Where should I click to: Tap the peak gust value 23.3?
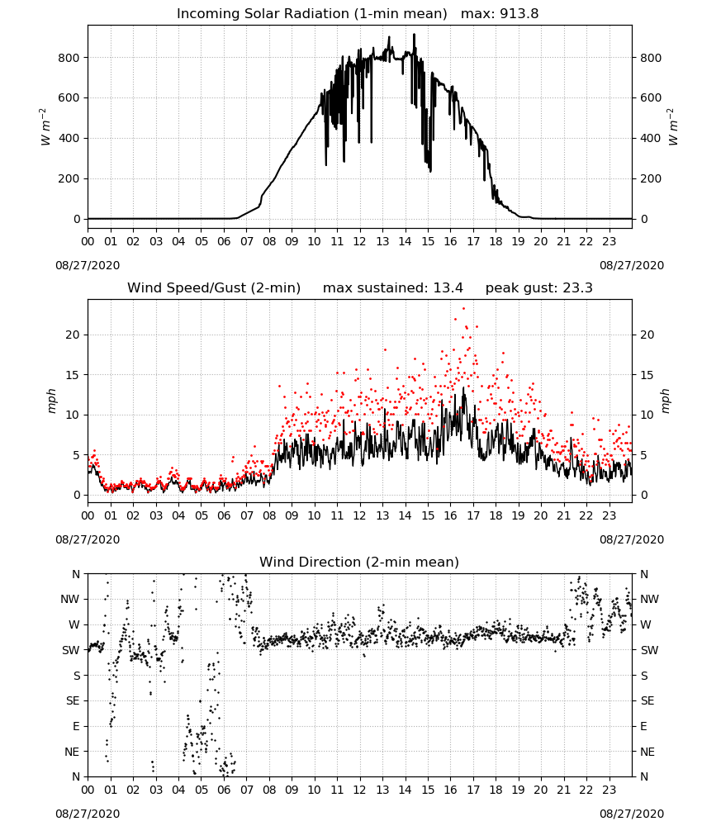[x=578, y=288]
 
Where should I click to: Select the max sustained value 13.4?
[x=448, y=288]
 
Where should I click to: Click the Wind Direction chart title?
[x=359, y=562]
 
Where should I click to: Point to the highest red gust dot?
[x=463, y=309]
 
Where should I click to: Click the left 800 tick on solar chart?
[x=69, y=58]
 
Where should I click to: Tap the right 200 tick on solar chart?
[x=651, y=178]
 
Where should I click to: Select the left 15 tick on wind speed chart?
[x=74, y=375]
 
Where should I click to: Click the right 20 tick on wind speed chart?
[x=647, y=335]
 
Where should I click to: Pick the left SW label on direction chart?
[x=71, y=650]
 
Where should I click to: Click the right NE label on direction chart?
[x=647, y=752]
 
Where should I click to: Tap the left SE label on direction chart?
[x=73, y=700]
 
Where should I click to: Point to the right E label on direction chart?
[x=643, y=726]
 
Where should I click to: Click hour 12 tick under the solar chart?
[x=359, y=242]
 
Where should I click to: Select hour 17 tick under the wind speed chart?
[x=473, y=515]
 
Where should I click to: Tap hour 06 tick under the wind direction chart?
[x=224, y=790]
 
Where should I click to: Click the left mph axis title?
[x=51, y=401]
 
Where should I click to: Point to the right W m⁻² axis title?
[x=673, y=126]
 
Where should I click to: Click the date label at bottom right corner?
[x=632, y=814]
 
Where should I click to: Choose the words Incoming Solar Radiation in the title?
[x=263, y=14]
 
